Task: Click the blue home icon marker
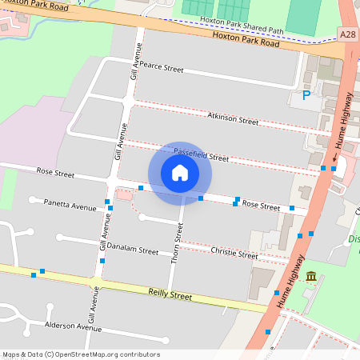click(x=180, y=173)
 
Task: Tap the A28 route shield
click(x=348, y=34)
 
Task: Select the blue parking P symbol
click(x=306, y=97)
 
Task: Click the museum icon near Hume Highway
click(x=311, y=277)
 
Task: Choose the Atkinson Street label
click(x=233, y=118)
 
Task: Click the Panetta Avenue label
click(x=70, y=205)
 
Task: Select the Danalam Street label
click(x=133, y=250)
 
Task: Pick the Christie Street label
click(x=234, y=254)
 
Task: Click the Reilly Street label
click(x=170, y=295)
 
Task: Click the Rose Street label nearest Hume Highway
click(x=261, y=206)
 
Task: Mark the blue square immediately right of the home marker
click(x=201, y=198)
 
